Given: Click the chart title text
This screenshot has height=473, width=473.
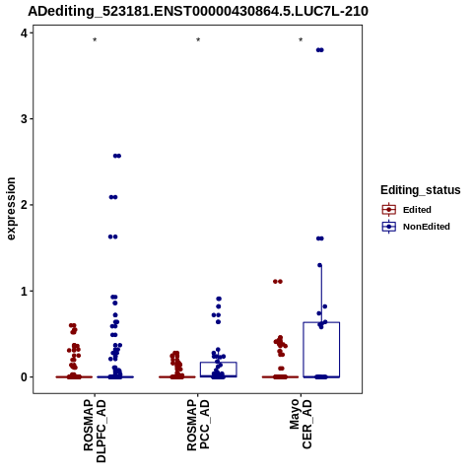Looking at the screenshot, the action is pyautogui.click(x=198, y=12).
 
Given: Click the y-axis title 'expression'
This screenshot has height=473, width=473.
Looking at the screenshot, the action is pyautogui.click(x=11, y=209).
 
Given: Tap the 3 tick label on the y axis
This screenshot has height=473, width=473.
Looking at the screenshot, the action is pyautogui.click(x=25, y=119).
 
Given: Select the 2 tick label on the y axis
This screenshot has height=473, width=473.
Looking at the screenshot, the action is pyautogui.click(x=25, y=205).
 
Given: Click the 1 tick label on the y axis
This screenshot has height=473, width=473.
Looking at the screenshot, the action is pyautogui.click(x=25, y=291).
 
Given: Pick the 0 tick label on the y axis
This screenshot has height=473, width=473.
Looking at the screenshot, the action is pyautogui.click(x=25, y=377).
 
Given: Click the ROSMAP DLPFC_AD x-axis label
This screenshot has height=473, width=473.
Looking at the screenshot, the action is pyautogui.click(x=95, y=431).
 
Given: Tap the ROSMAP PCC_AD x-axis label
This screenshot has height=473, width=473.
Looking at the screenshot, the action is pyautogui.click(x=198, y=425).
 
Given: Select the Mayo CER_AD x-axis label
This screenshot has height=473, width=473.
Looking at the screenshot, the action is pyautogui.click(x=301, y=424).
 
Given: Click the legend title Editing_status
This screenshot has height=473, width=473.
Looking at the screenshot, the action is pyautogui.click(x=421, y=190).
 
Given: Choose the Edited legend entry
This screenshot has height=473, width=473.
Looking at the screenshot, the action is pyautogui.click(x=406, y=210).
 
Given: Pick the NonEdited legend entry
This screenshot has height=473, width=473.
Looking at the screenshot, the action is pyautogui.click(x=416, y=227).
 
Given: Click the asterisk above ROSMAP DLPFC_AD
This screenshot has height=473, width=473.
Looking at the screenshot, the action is pyautogui.click(x=95, y=40).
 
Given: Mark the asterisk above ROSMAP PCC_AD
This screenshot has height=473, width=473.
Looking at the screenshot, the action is pyautogui.click(x=198, y=40).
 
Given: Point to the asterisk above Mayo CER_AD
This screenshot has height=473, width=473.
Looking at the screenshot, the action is pyautogui.click(x=301, y=40).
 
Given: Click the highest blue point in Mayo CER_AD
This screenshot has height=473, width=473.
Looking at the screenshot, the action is pyautogui.click(x=320, y=50).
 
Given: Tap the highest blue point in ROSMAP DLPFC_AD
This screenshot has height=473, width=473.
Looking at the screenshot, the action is pyautogui.click(x=117, y=156).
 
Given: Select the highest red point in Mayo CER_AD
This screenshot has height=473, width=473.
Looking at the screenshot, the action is pyautogui.click(x=278, y=281).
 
